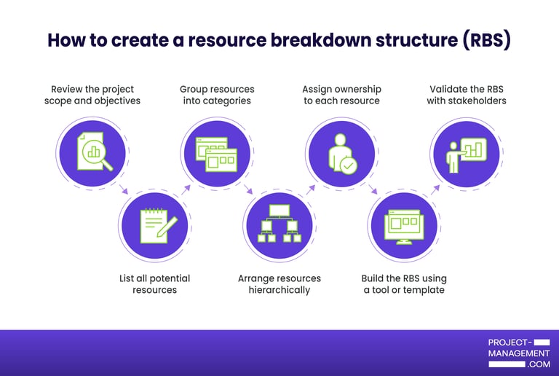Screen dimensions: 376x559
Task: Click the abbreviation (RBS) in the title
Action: [x=486, y=40]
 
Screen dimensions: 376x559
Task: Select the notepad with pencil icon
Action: [x=155, y=226]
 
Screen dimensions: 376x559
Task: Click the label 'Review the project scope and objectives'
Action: [x=92, y=95]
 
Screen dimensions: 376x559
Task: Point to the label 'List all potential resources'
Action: [x=155, y=284]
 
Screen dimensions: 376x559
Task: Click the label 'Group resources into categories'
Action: [x=217, y=95]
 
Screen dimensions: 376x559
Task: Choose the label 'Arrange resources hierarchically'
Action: [x=279, y=284]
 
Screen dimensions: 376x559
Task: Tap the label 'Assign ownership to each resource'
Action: [x=341, y=95]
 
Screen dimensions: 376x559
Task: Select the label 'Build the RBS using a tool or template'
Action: [x=404, y=284]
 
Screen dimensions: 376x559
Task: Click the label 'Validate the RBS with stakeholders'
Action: [x=466, y=95]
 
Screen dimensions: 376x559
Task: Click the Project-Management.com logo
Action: [x=519, y=353]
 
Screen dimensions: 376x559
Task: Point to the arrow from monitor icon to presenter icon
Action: [x=435, y=189]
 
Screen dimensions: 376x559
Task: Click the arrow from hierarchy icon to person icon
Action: [x=311, y=189]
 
